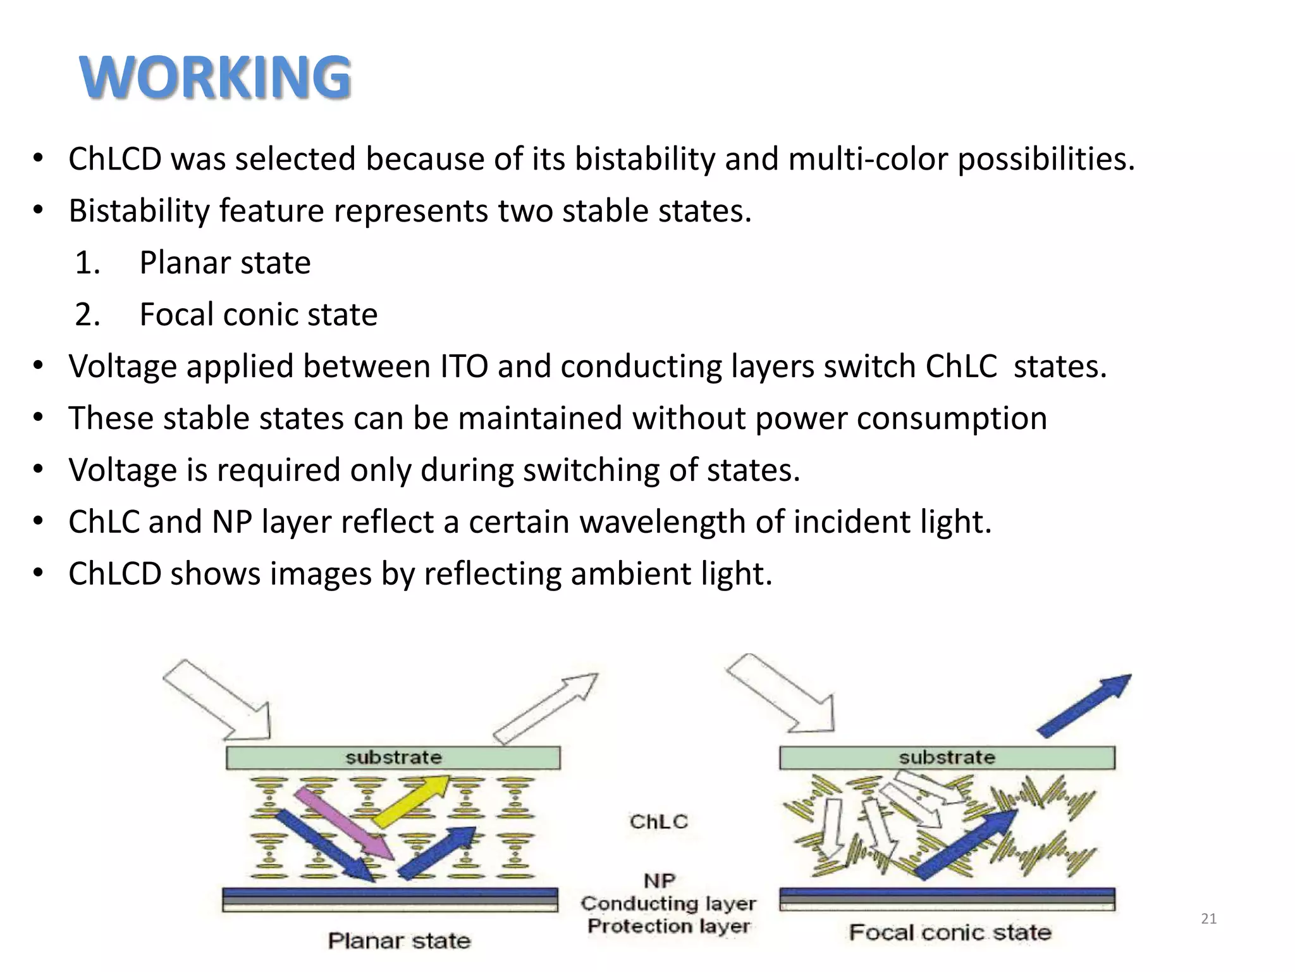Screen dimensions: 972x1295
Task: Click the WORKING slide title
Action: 215,77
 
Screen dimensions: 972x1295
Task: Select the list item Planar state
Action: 224,263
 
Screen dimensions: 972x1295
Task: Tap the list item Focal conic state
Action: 258,315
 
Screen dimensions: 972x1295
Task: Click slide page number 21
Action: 1208,919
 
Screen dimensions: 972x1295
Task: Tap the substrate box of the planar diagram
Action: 393,757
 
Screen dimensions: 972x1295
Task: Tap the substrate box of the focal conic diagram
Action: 947,757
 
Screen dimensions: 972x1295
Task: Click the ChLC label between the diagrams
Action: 658,821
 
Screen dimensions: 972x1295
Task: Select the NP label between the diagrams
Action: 659,880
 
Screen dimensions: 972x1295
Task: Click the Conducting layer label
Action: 668,904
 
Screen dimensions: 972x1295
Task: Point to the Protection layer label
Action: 668,926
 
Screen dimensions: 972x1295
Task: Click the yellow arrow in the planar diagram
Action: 411,801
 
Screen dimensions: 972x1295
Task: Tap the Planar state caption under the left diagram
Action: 399,941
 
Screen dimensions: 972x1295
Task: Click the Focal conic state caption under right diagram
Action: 950,932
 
